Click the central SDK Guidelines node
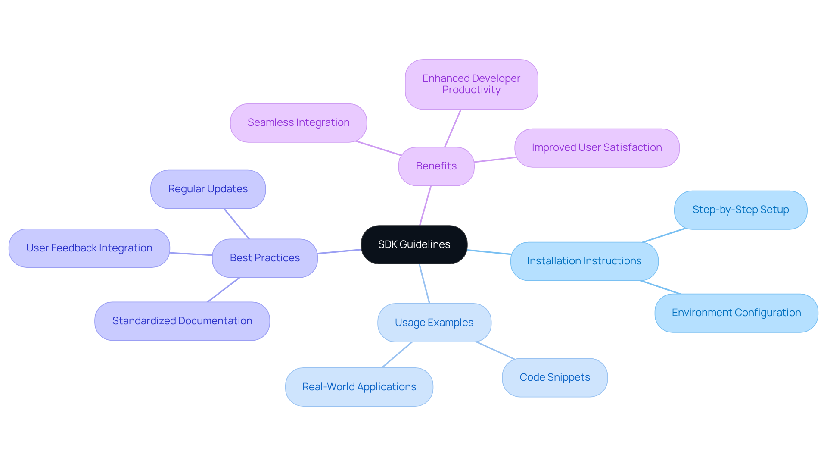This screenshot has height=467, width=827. (x=414, y=244)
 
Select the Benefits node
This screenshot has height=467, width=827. (x=436, y=166)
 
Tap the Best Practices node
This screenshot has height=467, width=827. (x=264, y=258)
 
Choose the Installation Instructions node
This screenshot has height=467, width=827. (x=584, y=261)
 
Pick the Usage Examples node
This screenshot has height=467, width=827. (x=434, y=323)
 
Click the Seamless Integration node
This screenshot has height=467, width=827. (x=298, y=122)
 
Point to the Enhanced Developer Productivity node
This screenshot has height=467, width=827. (x=471, y=84)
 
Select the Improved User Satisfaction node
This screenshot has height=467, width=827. (x=597, y=147)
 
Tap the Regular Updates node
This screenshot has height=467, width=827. (x=208, y=189)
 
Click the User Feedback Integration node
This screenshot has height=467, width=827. (x=89, y=248)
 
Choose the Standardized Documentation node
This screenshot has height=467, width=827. (x=182, y=321)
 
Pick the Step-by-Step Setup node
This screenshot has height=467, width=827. (x=740, y=210)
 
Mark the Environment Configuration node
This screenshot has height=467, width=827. (x=736, y=313)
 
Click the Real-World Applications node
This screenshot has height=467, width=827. (x=359, y=387)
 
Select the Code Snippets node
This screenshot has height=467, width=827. (x=555, y=377)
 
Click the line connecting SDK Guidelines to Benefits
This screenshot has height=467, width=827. (x=425, y=206)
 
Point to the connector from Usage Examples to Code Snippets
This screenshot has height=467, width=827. (x=495, y=351)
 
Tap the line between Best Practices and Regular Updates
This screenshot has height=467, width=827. (x=236, y=224)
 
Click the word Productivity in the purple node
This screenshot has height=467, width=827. (x=471, y=90)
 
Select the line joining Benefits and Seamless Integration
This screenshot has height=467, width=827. (x=379, y=148)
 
